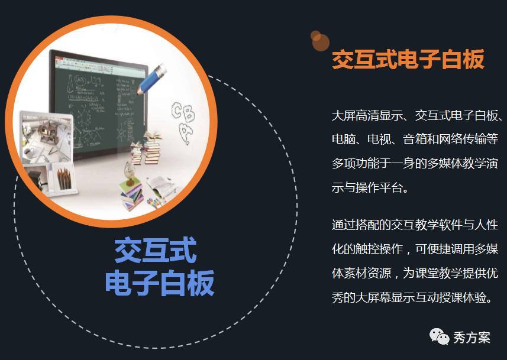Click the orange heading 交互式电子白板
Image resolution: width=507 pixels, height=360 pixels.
click(x=408, y=60)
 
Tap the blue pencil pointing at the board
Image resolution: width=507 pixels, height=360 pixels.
click(x=151, y=79)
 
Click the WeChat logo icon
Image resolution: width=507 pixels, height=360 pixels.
click(x=439, y=337)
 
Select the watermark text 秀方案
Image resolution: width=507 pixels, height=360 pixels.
click(x=472, y=338)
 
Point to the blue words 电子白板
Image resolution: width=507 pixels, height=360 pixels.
click(x=160, y=283)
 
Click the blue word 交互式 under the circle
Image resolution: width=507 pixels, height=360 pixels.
click(x=156, y=251)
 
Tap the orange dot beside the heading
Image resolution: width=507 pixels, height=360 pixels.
click(x=320, y=41)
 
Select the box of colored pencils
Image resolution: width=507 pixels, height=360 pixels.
click(x=64, y=179)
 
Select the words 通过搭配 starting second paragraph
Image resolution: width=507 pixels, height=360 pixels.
click(x=356, y=225)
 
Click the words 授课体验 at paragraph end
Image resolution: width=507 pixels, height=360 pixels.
click(x=463, y=297)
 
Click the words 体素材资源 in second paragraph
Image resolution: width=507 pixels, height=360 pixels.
click(x=361, y=273)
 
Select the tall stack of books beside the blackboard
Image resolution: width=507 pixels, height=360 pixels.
click(x=151, y=148)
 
